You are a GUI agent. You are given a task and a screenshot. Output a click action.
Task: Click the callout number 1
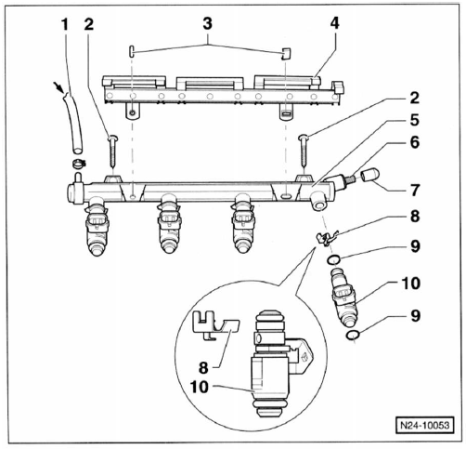(65, 24)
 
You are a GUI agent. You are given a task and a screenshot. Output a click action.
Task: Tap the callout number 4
(334, 23)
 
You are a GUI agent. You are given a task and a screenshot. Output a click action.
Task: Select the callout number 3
(207, 23)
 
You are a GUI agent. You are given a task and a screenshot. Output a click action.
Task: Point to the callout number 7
(414, 190)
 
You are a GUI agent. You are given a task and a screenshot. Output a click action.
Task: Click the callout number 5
(414, 120)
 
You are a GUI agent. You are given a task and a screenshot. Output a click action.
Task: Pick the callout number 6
(414, 142)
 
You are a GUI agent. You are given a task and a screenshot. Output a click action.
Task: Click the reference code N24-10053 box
(424, 425)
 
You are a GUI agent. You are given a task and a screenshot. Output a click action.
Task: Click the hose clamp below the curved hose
(80, 163)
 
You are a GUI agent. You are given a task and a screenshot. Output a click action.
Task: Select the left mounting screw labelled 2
(112, 151)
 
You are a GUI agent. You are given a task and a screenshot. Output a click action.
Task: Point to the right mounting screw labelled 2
(304, 151)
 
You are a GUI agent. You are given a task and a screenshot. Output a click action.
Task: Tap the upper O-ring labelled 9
(334, 259)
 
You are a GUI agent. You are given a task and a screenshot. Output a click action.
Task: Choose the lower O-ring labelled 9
(353, 335)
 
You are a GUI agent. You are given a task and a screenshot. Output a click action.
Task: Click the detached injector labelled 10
(344, 297)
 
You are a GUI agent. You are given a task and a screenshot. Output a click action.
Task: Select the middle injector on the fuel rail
(169, 224)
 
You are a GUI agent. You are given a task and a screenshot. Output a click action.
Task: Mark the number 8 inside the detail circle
(203, 368)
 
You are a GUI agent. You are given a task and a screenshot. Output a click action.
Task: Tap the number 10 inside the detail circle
(200, 387)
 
